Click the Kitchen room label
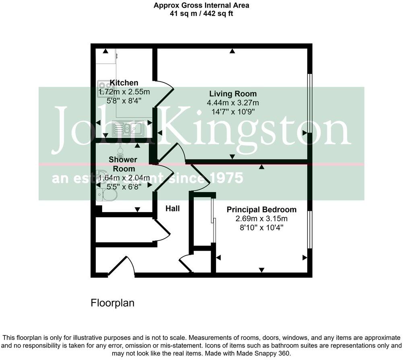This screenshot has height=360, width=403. (x=124, y=83)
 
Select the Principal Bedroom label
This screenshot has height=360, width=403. (x=261, y=210)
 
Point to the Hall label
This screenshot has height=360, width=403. (x=173, y=209)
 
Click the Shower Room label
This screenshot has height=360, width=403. (x=123, y=164)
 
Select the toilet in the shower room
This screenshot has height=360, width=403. (x=109, y=195)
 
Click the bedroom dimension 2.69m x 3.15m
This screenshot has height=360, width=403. (x=261, y=219)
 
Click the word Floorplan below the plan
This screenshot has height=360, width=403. (x=112, y=303)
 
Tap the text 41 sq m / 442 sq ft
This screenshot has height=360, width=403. (x=201, y=13)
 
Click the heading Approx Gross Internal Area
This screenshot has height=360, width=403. (x=201, y=6)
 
